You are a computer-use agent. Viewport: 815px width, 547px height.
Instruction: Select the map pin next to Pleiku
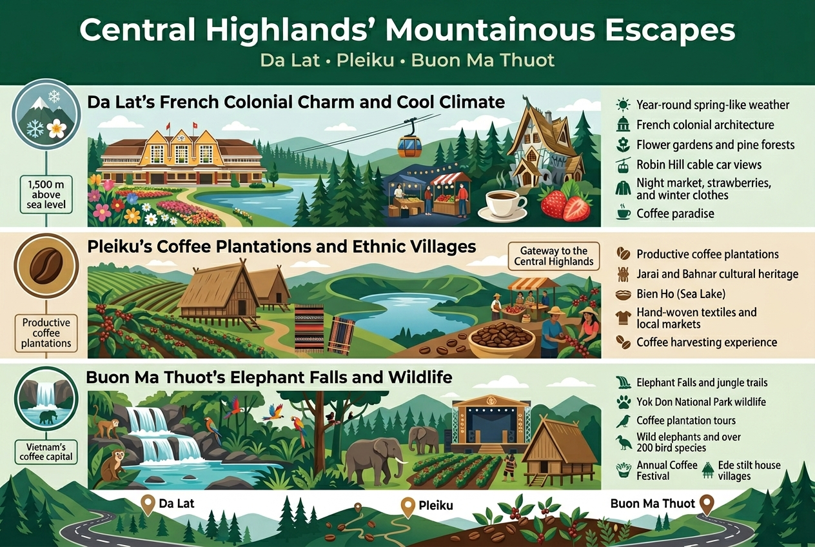(407, 506)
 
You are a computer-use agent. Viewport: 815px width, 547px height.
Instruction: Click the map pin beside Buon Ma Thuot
(707, 504)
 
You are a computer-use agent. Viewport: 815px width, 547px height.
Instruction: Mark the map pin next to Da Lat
(148, 504)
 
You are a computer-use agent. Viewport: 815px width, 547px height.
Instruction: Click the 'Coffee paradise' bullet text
(675, 214)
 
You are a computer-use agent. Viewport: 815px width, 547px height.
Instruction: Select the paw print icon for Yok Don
(623, 402)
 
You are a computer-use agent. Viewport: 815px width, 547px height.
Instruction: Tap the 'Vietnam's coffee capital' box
(45, 452)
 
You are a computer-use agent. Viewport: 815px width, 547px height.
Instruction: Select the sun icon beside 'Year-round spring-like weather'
(623, 104)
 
